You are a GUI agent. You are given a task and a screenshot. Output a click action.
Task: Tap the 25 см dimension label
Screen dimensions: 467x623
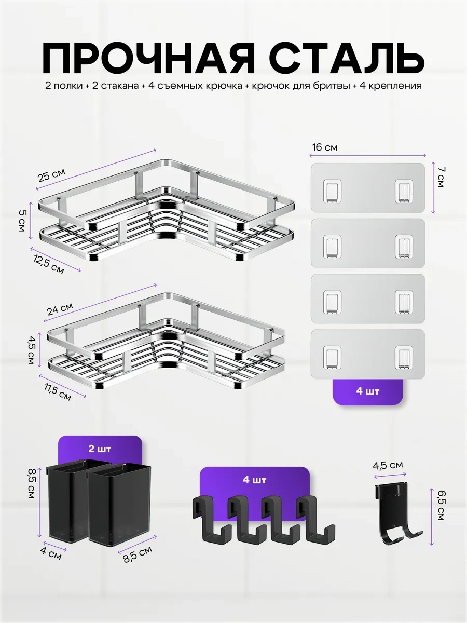click(x=51, y=174)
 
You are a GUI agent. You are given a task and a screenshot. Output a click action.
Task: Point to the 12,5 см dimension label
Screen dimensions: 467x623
click(x=49, y=264)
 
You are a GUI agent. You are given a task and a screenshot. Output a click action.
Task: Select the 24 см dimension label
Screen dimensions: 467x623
click(x=60, y=309)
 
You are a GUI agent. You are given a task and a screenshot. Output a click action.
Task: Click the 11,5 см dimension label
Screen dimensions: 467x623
click(x=58, y=391)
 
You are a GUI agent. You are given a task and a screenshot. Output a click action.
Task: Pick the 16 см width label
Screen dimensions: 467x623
click(x=325, y=147)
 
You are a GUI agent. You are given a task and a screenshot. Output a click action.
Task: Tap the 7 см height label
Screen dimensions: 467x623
click(x=441, y=177)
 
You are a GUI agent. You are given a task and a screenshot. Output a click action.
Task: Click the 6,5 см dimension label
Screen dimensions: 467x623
click(x=440, y=509)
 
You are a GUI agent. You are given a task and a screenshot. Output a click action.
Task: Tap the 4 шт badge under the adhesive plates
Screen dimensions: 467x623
click(x=368, y=391)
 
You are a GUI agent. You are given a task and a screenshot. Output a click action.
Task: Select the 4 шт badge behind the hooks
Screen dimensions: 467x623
click(x=255, y=480)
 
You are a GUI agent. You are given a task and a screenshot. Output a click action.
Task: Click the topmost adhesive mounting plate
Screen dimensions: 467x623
click(x=368, y=187)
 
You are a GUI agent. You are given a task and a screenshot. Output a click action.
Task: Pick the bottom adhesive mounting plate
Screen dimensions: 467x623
click(x=368, y=354)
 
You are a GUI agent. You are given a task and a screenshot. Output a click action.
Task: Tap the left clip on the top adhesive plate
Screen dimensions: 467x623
click(x=332, y=191)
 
